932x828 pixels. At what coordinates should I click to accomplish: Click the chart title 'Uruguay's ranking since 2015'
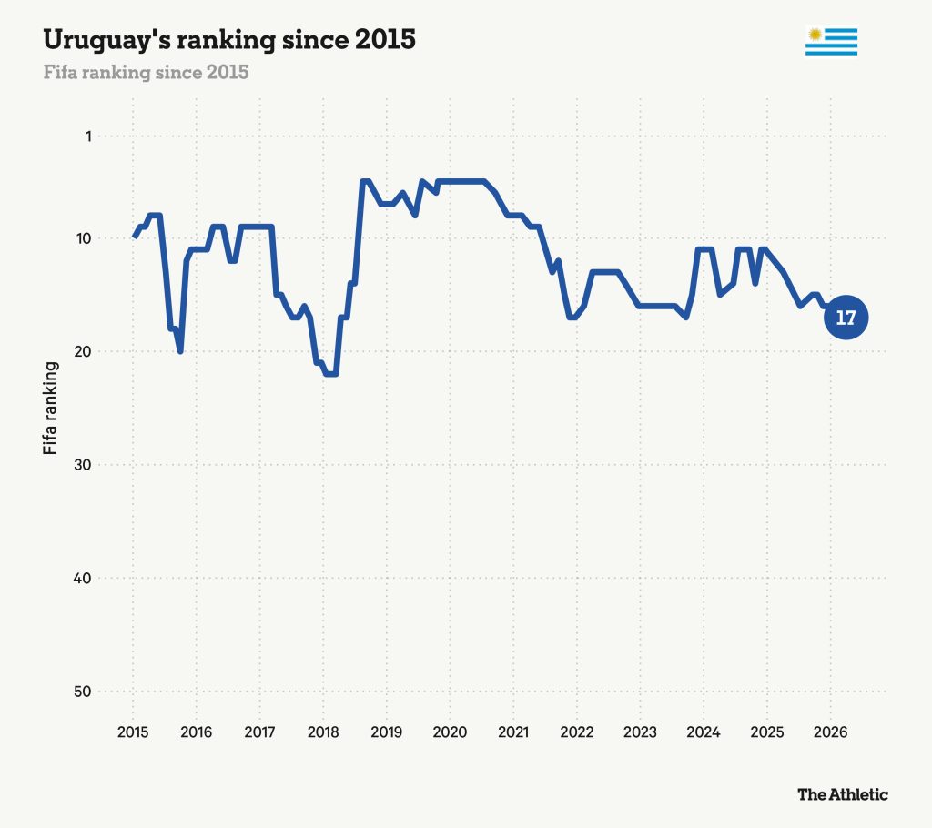(x=229, y=40)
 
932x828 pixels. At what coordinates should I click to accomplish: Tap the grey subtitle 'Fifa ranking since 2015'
(x=146, y=73)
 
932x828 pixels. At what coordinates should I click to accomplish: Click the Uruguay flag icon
(x=831, y=42)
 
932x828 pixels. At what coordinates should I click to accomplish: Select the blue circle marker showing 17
(x=846, y=318)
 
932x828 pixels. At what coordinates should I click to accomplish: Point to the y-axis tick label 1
(x=88, y=136)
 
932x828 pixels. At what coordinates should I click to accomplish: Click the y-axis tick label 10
(x=84, y=238)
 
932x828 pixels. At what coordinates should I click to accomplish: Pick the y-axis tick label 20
(x=83, y=351)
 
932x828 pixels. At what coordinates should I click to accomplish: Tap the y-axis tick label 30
(x=83, y=465)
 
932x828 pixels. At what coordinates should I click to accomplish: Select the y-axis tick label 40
(x=83, y=579)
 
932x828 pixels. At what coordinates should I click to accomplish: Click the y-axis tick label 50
(x=83, y=692)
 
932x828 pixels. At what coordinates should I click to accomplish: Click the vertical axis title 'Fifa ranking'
(x=51, y=409)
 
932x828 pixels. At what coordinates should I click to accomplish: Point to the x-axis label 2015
(x=133, y=732)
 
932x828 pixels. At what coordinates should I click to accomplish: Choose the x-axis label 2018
(x=323, y=732)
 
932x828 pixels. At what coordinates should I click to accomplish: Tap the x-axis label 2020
(x=450, y=732)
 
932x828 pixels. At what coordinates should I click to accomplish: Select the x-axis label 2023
(x=640, y=732)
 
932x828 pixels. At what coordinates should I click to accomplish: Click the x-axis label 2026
(x=830, y=732)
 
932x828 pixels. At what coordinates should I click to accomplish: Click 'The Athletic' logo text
(x=843, y=794)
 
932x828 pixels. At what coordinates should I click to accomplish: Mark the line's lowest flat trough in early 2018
(x=331, y=374)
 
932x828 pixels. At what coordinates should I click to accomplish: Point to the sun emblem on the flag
(x=815, y=35)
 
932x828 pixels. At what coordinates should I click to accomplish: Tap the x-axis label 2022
(x=576, y=732)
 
